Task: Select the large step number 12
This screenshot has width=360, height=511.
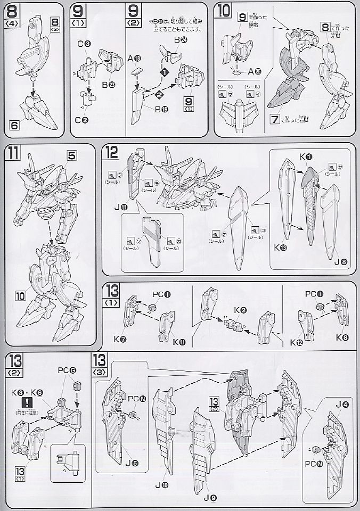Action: click(x=111, y=154)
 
